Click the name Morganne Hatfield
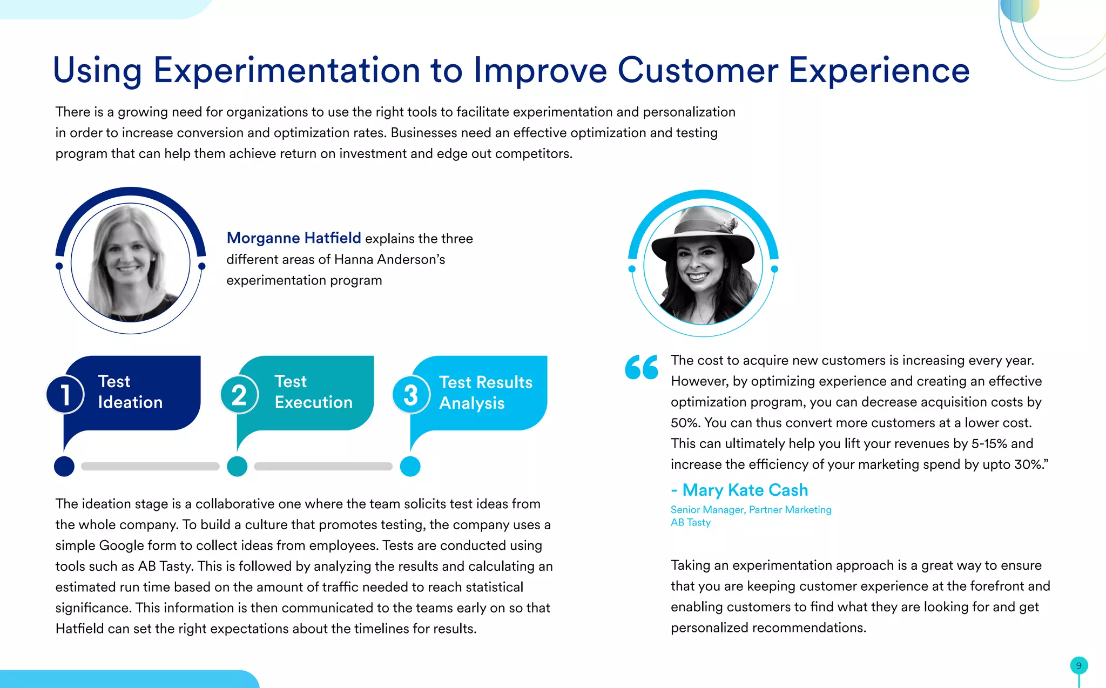[293, 238]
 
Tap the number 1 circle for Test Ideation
[65, 394]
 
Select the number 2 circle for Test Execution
[239, 394]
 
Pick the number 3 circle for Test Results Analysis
[411, 395]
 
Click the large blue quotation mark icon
[642, 367]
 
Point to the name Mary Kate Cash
[745, 490]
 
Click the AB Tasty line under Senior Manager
[690, 522]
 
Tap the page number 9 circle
[1078, 665]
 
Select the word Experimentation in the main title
[286, 70]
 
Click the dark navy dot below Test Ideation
[64, 466]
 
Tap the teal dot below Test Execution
[237, 466]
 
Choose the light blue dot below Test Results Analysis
[410, 466]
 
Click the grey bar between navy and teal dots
[150, 466]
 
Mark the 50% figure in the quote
[685, 423]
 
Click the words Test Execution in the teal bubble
[313, 392]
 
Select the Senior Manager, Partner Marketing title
[751, 509]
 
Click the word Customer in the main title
[698, 70]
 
